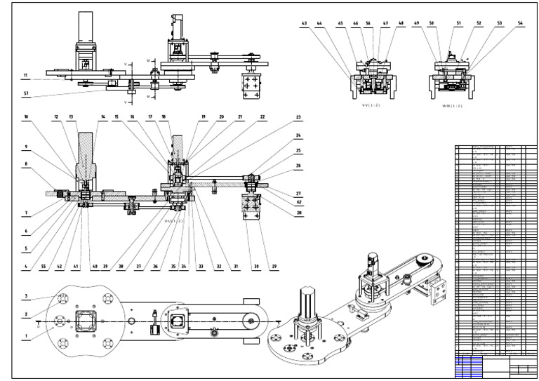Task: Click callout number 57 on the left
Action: click(26, 92)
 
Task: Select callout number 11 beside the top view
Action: click(26, 74)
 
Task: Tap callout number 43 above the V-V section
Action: click(304, 23)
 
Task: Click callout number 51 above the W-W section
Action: click(457, 23)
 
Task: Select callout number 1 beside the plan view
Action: click(26, 337)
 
